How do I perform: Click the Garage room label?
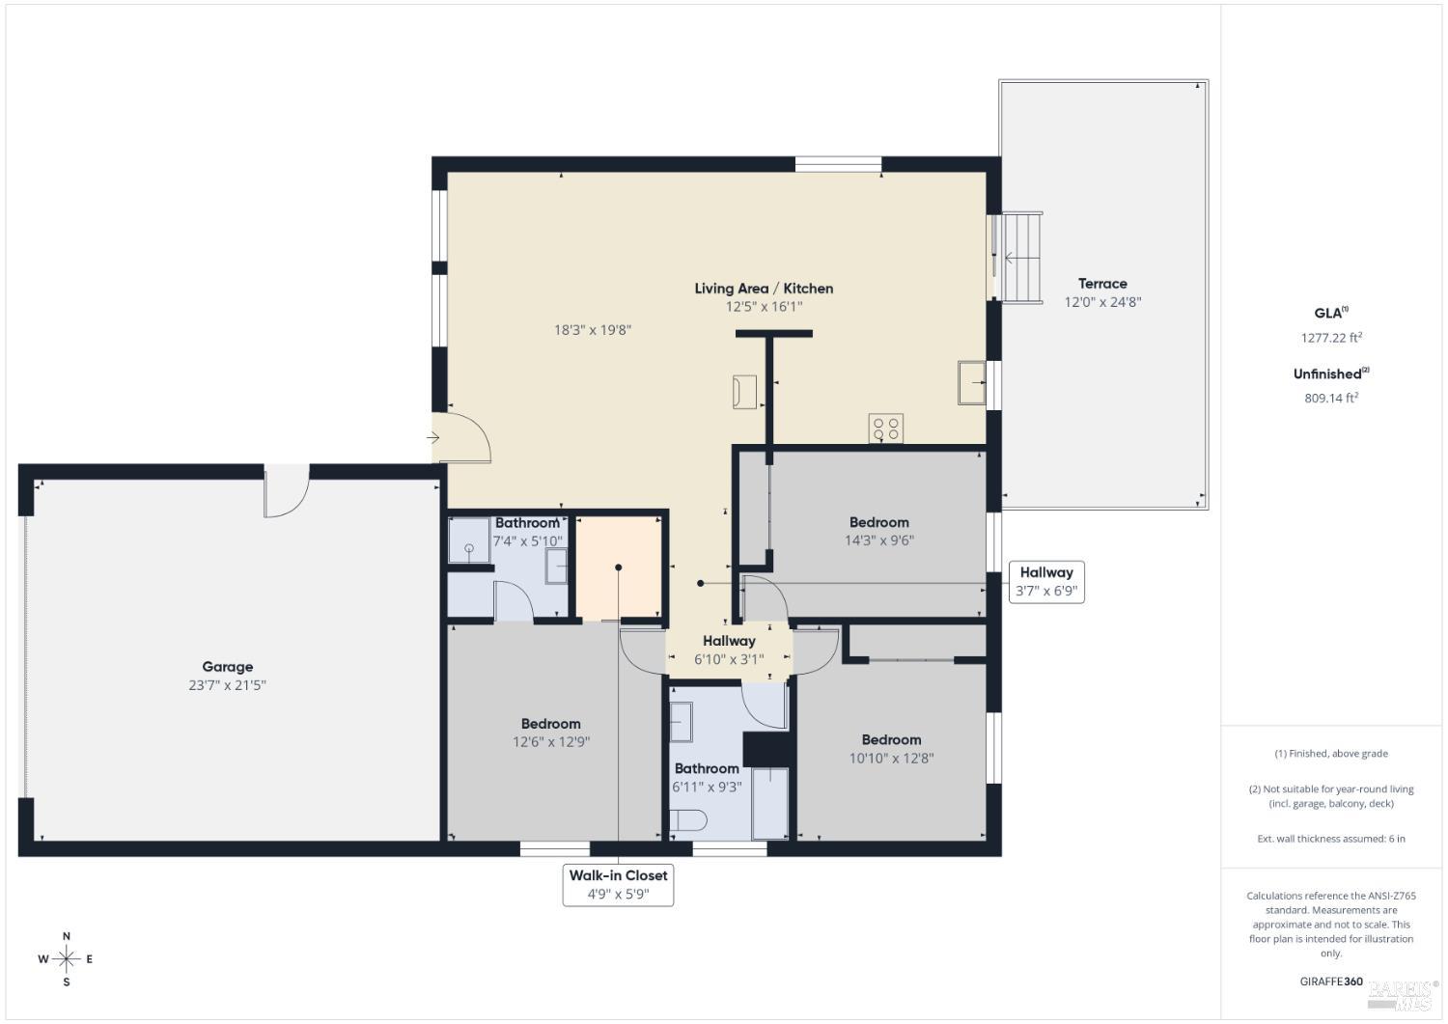pyautogui.click(x=227, y=667)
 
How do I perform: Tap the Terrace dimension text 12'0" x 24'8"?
pyautogui.click(x=1102, y=302)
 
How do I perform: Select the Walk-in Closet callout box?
pyautogui.click(x=618, y=885)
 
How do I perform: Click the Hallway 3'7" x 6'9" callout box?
pyautogui.click(x=1045, y=582)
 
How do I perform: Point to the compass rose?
pyautogui.click(x=66, y=959)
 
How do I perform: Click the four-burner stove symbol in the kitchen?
pyautogui.click(x=885, y=428)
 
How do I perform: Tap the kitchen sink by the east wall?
pyautogui.click(x=971, y=382)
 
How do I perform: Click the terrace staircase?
pyautogui.click(x=1021, y=258)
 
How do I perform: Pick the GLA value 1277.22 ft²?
pyautogui.click(x=1330, y=338)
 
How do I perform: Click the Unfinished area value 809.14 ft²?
pyautogui.click(x=1330, y=398)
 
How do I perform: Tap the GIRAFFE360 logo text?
pyautogui.click(x=1330, y=982)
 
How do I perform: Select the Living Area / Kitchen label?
pyautogui.click(x=764, y=289)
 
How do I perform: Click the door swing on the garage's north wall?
pyautogui.click(x=287, y=491)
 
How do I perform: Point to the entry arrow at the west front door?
pyautogui.click(x=433, y=438)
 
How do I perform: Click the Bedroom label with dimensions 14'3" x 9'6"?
pyautogui.click(x=878, y=522)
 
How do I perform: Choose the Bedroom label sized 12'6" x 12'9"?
pyautogui.click(x=550, y=724)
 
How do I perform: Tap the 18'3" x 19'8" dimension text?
pyautogui.click(x=592, y=330)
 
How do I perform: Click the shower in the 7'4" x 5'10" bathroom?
pyautogui.click(x=469, y=540)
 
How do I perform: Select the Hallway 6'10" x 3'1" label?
pyautogui.click(x=729, y=641)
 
